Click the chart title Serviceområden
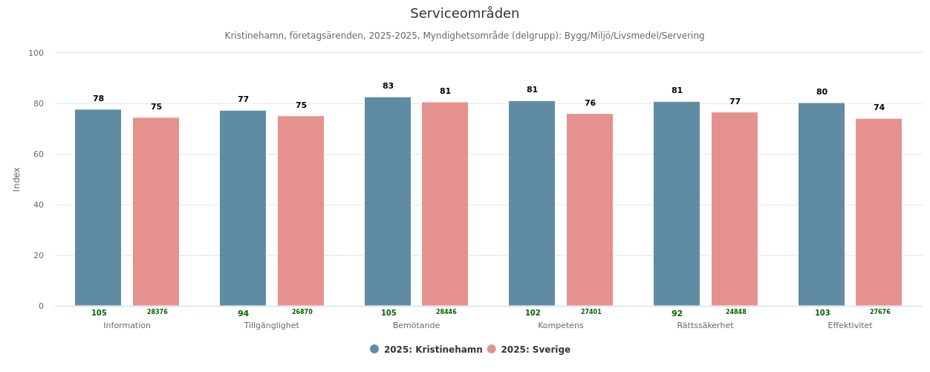point(464,13)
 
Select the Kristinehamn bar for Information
point(98,208)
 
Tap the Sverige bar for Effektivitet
point(879,212)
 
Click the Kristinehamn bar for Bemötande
point(388,202)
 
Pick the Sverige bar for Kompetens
point(590,210)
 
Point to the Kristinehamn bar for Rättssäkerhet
point(677,204)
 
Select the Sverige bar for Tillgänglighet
point(301,211)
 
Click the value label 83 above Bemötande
point(388,86)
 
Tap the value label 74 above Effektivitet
point(879,108)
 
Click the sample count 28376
point(157,312)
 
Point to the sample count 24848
point(735,312)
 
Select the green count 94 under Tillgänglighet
point(243,313)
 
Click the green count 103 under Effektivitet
point(822,313)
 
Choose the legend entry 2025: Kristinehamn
point(426,350)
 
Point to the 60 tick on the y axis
point(36,154)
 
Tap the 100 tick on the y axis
point(36,53)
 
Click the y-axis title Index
point(16,179)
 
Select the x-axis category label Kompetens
point(561,326)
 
